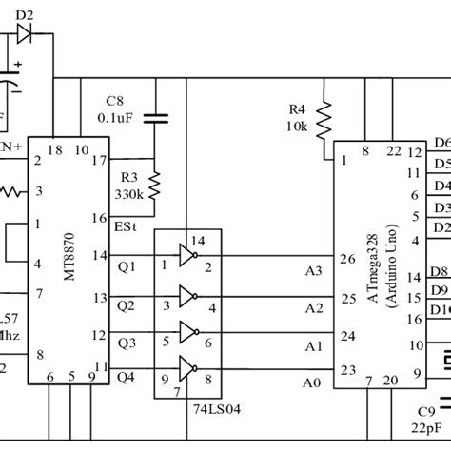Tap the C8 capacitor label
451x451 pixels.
(x=114, y=100)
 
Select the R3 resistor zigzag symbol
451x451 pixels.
(x=153, y=182)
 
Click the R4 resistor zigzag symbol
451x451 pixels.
(x=324, y=119)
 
